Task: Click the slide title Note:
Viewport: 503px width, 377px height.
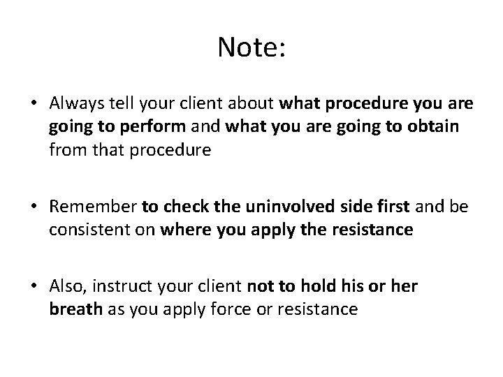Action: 251,47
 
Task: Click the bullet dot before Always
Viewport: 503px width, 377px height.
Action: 34,104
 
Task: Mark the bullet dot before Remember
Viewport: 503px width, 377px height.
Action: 34,207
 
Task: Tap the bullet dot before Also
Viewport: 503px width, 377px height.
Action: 34,286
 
